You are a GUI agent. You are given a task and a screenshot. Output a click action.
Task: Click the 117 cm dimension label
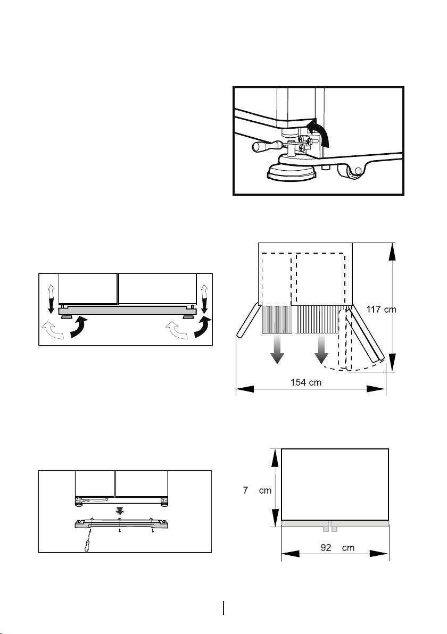[382, 310]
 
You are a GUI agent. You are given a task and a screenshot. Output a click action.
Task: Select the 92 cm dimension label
[337, 548]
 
